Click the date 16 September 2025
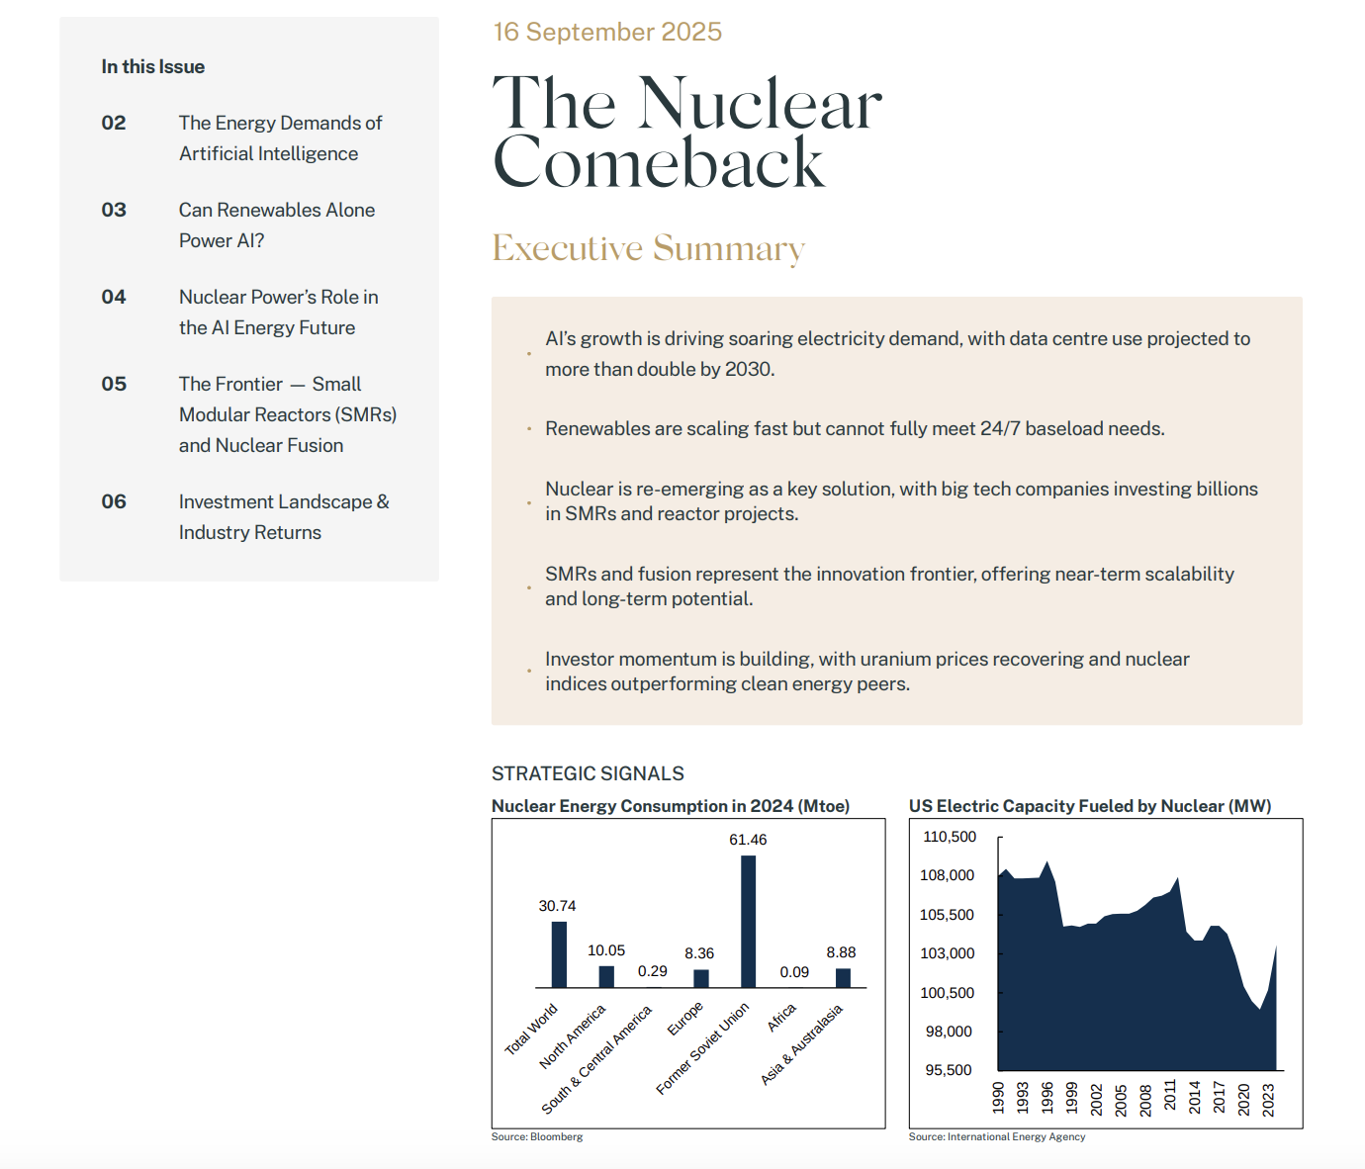[607, 32]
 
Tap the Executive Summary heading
[648, 248]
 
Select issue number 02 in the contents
[114, 123]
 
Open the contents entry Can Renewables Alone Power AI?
[276, 225]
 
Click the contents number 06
[114, 501]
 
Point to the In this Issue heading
[152, 66]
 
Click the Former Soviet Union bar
[748, 921]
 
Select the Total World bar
[559, 954]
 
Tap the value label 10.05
[605, 950]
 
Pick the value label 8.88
[841, 952]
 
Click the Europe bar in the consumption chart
[700, 978]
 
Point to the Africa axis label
[781, 1018]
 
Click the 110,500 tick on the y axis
[949, 837]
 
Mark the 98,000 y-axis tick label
[949, 1032]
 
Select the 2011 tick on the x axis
[1170, 1097]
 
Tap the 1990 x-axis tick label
[998, 1097]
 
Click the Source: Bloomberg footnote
[537, 1136]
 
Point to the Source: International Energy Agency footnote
[996, 1136]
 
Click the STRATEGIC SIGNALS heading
[588, 773]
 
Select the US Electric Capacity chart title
[1089, 806]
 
